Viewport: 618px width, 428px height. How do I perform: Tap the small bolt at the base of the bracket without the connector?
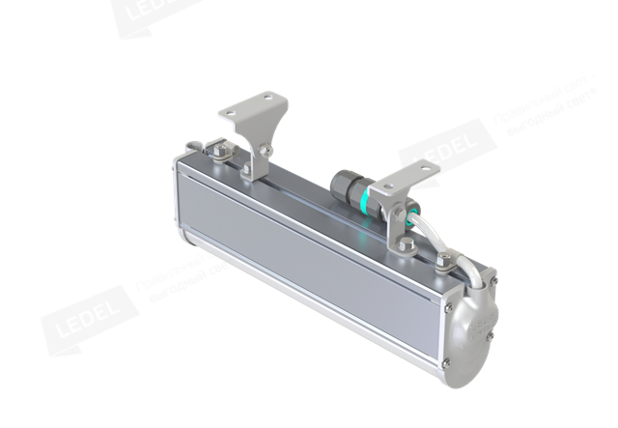[248, 174]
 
